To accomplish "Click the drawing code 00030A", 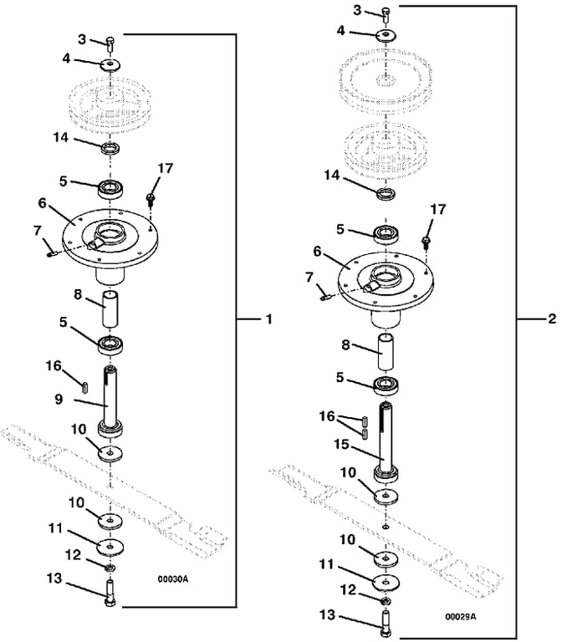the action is (x=173, y=579).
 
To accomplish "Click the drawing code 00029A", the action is (x=461, y=617).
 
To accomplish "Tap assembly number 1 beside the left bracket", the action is (x=268, y=319).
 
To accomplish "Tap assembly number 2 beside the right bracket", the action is (x=552, y=319).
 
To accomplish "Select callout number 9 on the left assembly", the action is (x=59, y=399).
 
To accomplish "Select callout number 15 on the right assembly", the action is (x=341, y=444).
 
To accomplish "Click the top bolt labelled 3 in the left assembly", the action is (x=110, y=43).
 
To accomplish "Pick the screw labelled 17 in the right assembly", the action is (x=427, y=242).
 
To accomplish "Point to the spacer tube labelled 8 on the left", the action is (x=110, y=308).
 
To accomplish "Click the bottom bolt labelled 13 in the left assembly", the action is (x=110, y=594).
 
